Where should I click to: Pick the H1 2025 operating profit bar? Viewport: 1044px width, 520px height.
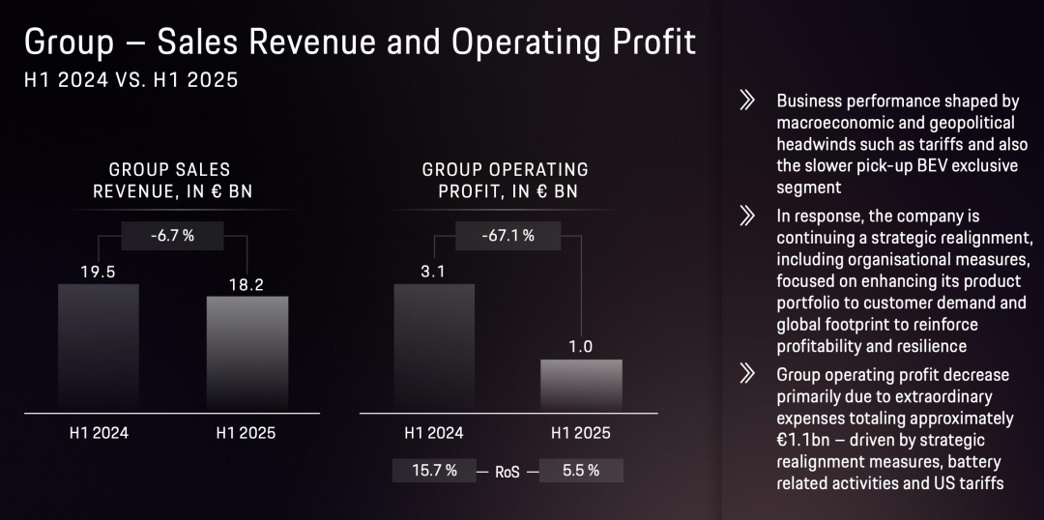(x=580, y=386)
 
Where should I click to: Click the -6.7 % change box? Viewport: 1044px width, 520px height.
(x=173, y=235)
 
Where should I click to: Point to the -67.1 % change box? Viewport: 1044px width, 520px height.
(x=508, y=235)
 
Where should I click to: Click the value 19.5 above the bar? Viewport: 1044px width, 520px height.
(x=98, y=272)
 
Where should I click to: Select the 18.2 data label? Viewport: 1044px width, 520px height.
(x=246, y=284)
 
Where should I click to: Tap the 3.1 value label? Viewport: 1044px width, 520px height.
(x=433, y=272)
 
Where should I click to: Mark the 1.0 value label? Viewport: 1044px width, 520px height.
(x=580, y=347)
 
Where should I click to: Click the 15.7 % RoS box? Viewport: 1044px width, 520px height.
(x=433, y=471)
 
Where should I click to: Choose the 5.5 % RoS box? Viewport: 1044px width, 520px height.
(x=580, y=471)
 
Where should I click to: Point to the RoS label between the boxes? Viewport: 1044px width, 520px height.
(x=507, y=471)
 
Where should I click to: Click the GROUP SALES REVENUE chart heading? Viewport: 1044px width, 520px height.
(x=172, y=180)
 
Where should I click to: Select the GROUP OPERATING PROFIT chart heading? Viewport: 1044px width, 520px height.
(x=507, y=180)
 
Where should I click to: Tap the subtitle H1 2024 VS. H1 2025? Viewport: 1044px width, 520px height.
(x=131, y=81)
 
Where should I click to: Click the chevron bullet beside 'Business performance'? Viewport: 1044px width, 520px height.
(x=746, y=101)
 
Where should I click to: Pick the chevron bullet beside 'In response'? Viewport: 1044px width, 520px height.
(x=746, y=216)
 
